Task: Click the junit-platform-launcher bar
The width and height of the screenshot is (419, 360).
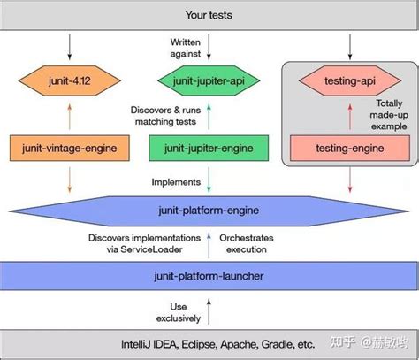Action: pyautogui.click(x=209, y=277)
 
